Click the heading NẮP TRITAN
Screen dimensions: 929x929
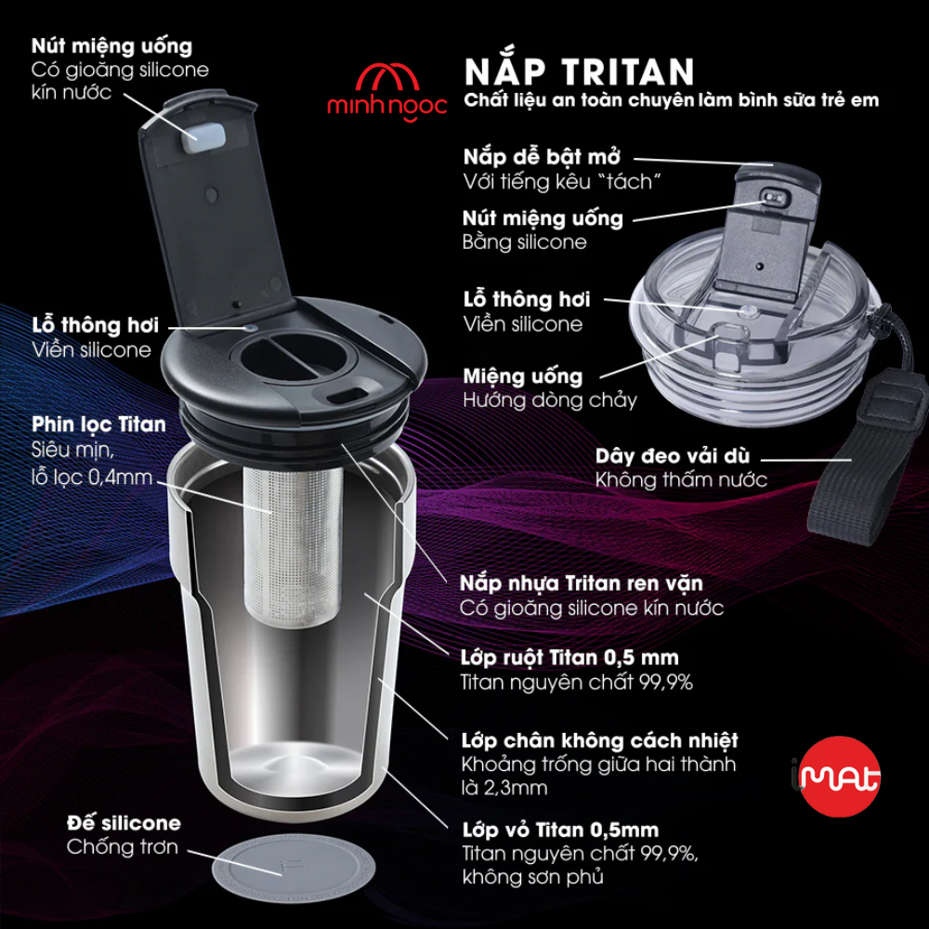(x=578, y=71)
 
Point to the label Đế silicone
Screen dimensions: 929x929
(x=124, y=823)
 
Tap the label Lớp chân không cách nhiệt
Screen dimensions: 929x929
(x=599, y=740)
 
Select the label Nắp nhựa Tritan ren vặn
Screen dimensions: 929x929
(x=582, y=583)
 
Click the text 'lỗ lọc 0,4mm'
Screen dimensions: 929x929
(x=95, y=479)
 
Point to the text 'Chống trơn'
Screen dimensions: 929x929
(x=122, y=847)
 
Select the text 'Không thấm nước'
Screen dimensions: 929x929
(x=681, y=479)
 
